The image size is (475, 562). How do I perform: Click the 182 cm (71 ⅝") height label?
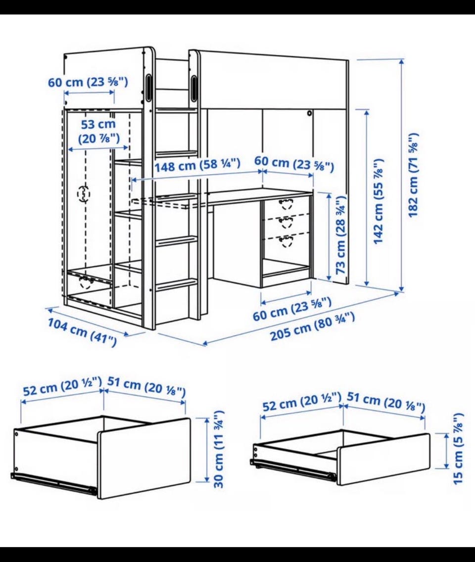(x=414, y=175)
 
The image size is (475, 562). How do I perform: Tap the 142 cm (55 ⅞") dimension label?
(x=379, y=201)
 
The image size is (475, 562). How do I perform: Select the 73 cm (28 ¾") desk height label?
(x=341, y=235)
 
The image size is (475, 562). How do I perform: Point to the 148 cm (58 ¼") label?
(x=197, y=165)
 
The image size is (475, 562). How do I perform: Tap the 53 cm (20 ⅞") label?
(x=98, y=131)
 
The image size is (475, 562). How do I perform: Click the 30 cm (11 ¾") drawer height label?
(x=219, y=449)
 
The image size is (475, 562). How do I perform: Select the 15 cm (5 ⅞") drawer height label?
(x=459, y=449)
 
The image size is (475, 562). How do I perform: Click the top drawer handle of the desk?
(x=285, y=203)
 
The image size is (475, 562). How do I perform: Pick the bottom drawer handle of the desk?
(x=285, y=241)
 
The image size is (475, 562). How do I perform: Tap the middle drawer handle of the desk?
(x=285, y=222)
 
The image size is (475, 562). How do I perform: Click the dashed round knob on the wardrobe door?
(x=84, y=194)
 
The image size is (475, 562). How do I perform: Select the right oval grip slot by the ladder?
(x=194, y=87)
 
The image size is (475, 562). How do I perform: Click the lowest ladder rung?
(x=176, y=284)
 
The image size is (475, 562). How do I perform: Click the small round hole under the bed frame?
(x=309, y=114)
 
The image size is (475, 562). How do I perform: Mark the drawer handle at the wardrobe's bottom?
(x=86, y=282)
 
